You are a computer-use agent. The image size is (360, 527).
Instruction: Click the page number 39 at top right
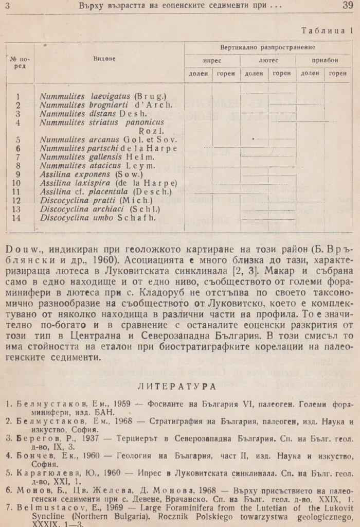tap(347, 6)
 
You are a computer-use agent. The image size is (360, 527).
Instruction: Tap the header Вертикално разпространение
tap(268, 47)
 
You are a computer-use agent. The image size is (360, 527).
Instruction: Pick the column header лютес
tap(268, 60)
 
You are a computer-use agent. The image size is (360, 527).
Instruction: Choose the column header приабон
tap(325, 60)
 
